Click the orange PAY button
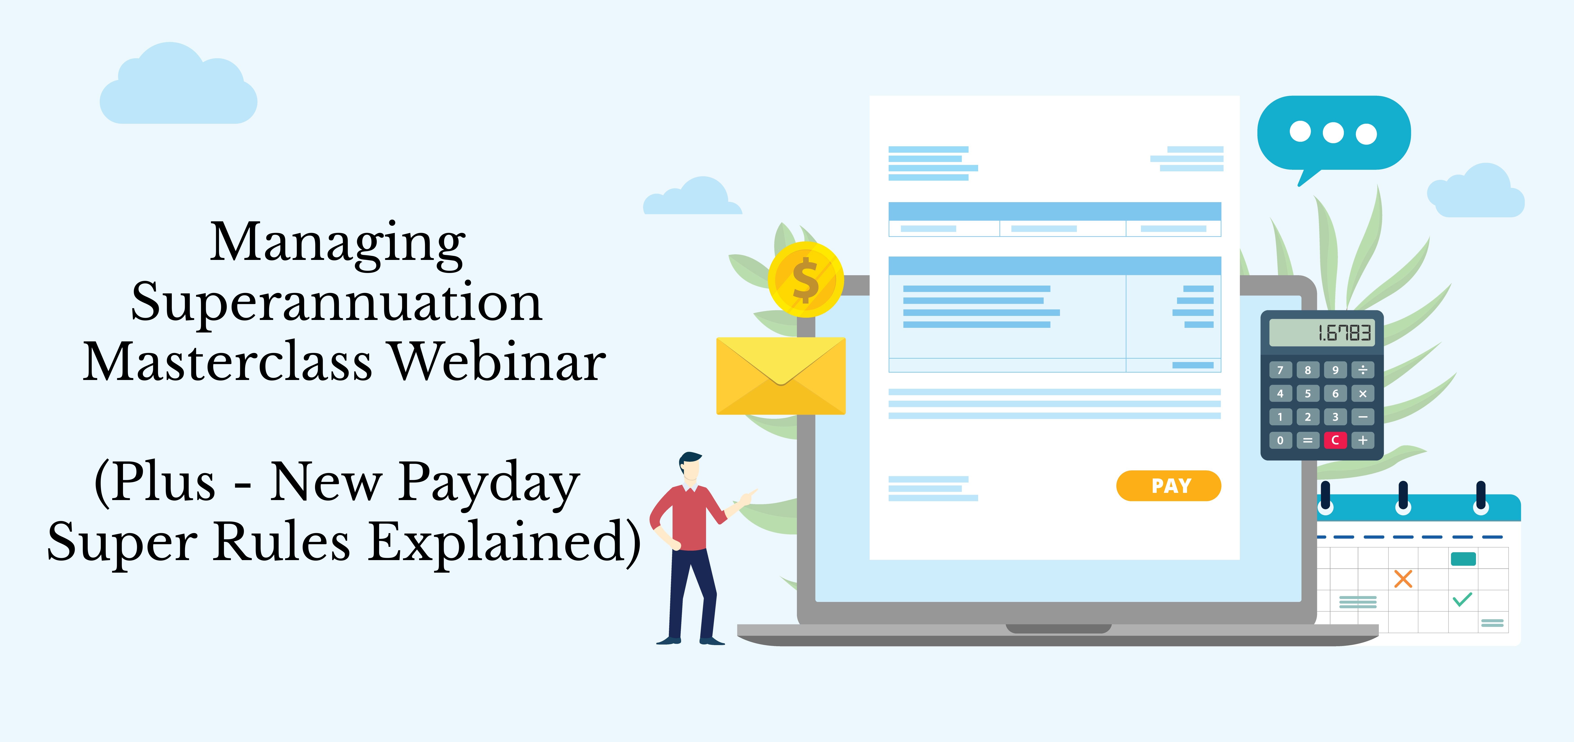(1168, 486)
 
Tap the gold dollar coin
(806, 280)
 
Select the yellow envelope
(781, 376)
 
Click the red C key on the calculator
(1335, 440)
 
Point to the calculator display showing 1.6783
(1322, 333)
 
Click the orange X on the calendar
(1403, 578)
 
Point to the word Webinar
(498, 362)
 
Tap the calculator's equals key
(1308, 440)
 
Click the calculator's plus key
(1363, 440)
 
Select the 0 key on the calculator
(1280, 440)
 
